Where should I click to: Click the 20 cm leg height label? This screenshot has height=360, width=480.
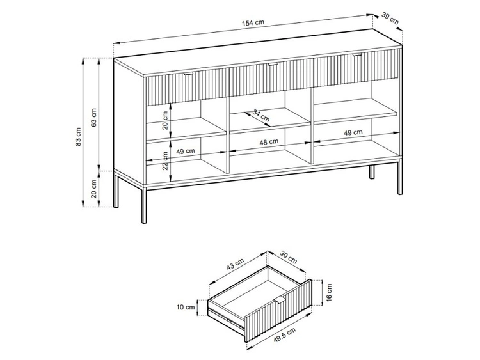coord(93,191)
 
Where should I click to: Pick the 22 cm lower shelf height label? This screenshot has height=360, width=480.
coord(166,165)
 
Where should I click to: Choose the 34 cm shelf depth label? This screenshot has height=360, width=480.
coord(260,115)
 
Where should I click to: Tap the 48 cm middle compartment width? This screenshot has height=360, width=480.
coord(268,141)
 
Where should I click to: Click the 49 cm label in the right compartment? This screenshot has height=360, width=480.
coord(353,132)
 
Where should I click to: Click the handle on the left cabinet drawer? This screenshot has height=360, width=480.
coord(189,75)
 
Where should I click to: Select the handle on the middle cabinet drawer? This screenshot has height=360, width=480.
coord(272,65)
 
